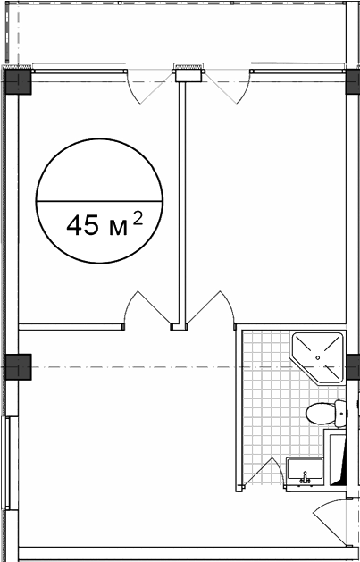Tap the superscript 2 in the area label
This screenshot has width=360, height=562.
coord(138,218)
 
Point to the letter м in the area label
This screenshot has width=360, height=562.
coord(119,229)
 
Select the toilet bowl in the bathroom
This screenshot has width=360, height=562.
coord(320,414)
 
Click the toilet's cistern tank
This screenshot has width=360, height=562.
coord(340,414)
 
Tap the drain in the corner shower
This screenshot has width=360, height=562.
coord(317,357)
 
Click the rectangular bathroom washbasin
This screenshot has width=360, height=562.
coord(305,472)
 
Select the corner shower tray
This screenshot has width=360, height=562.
coord(317,357)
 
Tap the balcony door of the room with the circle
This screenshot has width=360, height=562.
coord(150,87)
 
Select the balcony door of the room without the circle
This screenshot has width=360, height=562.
coord(227,87)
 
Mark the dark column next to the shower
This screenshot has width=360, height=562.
coord(353,366)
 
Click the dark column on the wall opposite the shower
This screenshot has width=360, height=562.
coord(18,366)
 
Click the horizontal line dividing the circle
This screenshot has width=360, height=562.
coord(99,201)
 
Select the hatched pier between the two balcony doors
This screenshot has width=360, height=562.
coord(188,66)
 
